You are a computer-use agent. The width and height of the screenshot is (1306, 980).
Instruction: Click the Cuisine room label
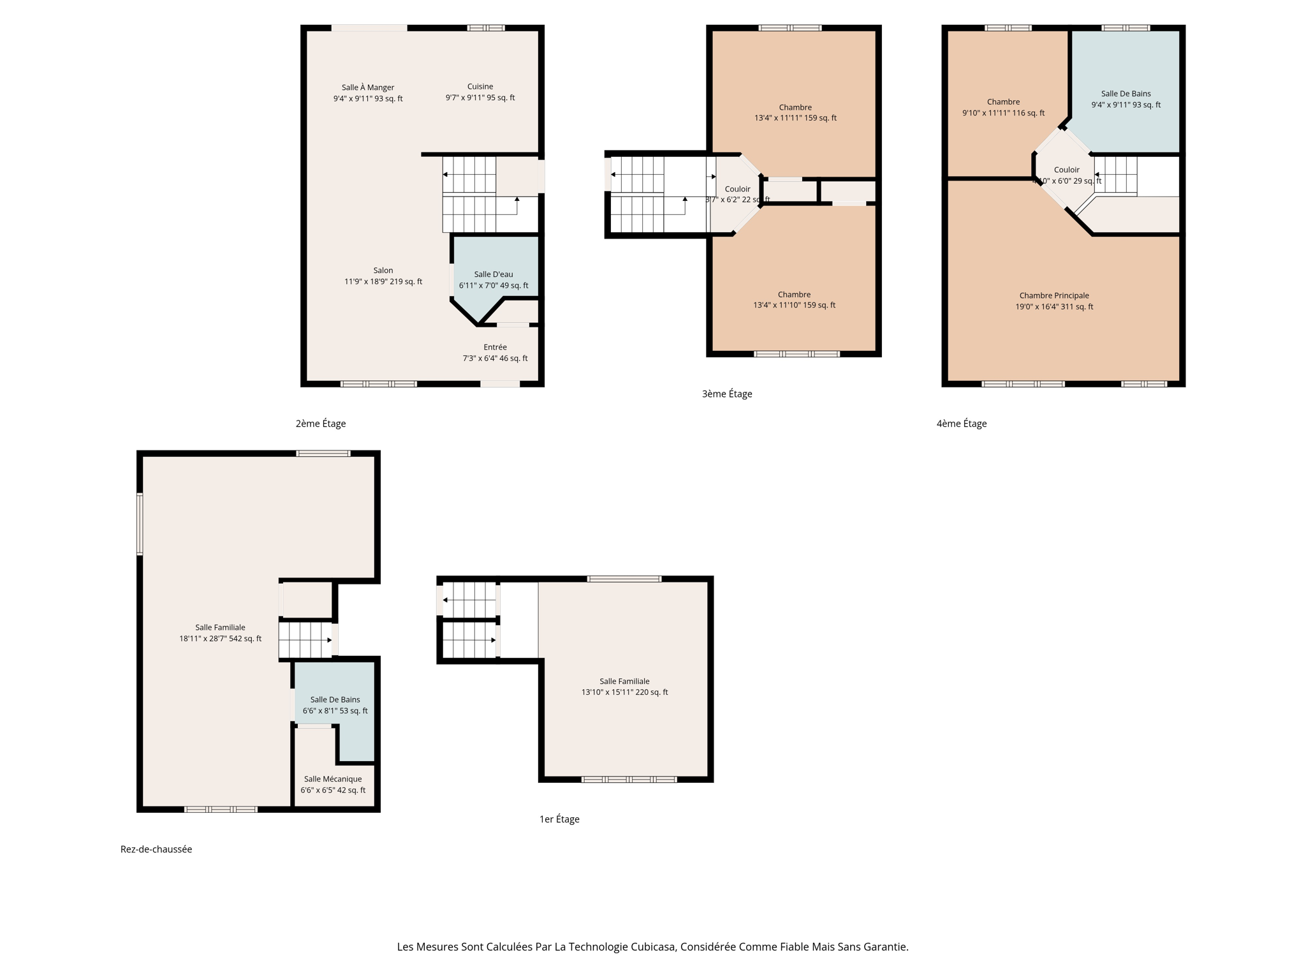point(480,87)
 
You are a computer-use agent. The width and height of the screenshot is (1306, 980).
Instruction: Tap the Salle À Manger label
point(368,87)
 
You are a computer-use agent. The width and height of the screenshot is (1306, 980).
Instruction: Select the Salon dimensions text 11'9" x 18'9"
point(383,281)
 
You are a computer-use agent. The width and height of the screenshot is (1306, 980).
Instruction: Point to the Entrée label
point(495,347)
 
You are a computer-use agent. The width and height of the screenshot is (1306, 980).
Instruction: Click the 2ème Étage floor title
point(321,424)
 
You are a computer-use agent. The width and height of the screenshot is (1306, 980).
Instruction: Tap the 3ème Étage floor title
point(727,394)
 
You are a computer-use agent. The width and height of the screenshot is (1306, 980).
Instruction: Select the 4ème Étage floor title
point(962,424)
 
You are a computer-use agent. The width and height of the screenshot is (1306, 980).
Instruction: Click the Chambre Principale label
point(1054,295)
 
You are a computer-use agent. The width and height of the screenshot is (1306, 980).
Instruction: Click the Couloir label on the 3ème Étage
point(737,189)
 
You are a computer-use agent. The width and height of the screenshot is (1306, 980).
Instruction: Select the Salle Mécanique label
point(333,779)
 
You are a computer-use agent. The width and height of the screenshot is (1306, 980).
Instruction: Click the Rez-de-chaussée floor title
point(156,849)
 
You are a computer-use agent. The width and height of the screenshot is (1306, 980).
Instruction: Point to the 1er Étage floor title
point(559,819)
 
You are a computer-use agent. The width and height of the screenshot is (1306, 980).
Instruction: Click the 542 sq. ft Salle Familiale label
point(220,628)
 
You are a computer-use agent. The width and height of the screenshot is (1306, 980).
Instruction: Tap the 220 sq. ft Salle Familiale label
point(624,681)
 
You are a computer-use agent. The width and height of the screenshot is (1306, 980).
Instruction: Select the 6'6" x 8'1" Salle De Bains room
point(335,705)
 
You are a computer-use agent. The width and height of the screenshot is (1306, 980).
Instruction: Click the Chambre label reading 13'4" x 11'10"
point(794,295)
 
